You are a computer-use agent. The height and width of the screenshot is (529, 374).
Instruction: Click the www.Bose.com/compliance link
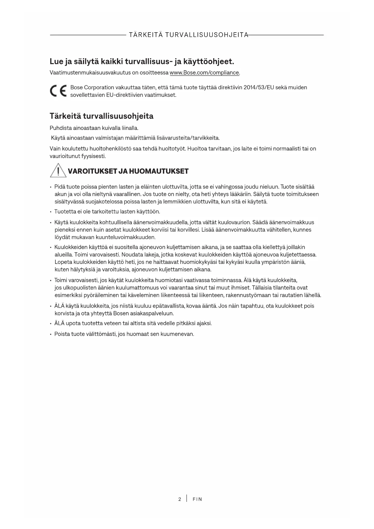pyautogui.click(x=205, y=73)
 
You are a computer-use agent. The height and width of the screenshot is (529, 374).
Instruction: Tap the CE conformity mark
pyautogui.click(x=58, y=91)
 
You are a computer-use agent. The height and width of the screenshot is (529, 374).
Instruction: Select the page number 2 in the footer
pyautogui.click(x=180, y=499)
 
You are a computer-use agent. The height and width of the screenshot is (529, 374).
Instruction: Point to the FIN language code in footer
pyautogui.click(x=197, y=499)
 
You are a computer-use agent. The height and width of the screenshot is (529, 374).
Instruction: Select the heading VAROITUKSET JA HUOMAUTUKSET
pyautogui.click(x=128, y=171)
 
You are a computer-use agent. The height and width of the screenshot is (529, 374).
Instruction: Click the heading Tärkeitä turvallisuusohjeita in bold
pyautogui.click(x=101, y=116)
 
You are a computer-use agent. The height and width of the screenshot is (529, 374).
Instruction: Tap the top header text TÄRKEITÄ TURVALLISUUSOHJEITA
pyautogui.click(x=188, y=35)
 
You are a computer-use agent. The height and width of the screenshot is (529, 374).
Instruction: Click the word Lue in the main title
pyautogui.click(x=56, y=62)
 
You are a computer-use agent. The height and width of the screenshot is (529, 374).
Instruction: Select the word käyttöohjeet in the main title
pyautogui.click(x=209, y=62)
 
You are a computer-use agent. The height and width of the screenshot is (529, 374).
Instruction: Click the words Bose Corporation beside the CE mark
pyautogui.click(x=92, y=87)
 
